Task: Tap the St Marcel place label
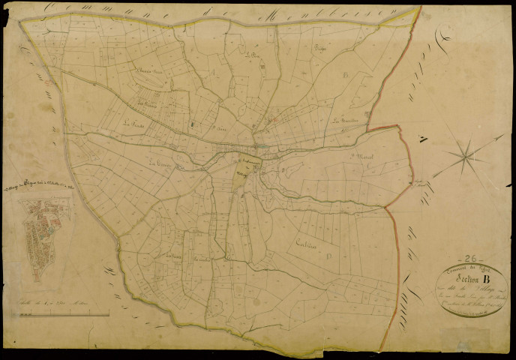click(x=361, y=157)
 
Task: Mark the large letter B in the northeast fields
click(x=346, y=75)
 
